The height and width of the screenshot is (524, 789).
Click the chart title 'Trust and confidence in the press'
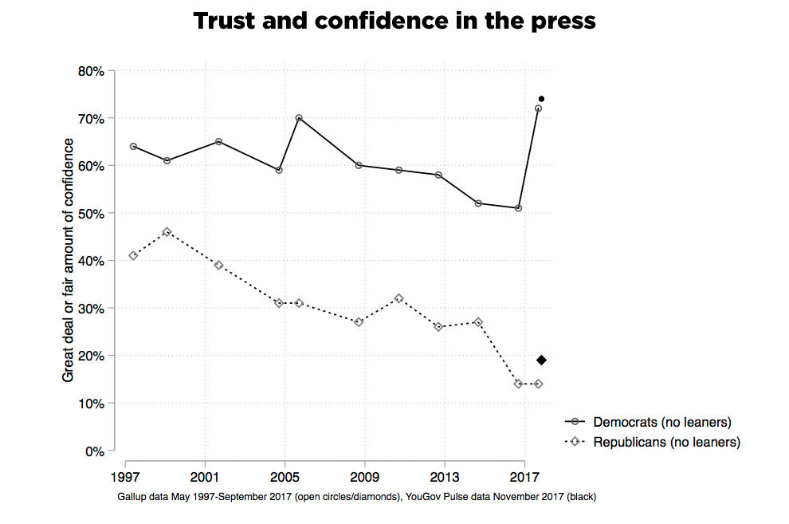[394, 21]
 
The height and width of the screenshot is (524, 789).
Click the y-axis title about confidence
[69, 260]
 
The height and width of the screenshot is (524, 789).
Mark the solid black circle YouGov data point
[541, 99]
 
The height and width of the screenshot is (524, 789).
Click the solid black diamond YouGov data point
[541, 360]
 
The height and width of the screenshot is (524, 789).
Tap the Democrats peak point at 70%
[299, 118]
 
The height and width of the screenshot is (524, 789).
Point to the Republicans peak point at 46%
[167, 232]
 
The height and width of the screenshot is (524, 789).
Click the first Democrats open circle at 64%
[133, 147]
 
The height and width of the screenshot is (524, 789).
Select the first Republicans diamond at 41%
[133, 256]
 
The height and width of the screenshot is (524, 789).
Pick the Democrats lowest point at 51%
[518, 208]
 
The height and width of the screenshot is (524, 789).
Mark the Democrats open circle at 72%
[538, 108]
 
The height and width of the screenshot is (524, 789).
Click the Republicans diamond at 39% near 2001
[219, 265]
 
